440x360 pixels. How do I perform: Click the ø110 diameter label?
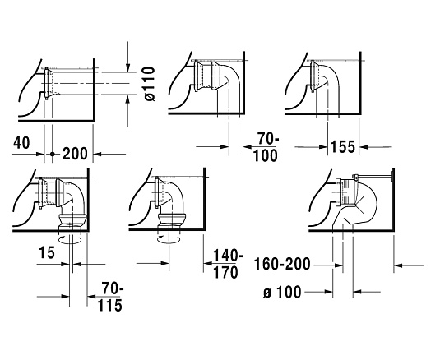pos(151,84)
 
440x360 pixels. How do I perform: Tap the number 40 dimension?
pos(21,143)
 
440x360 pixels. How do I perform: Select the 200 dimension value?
pos(75,154)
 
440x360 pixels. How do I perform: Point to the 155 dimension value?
pos(343,146)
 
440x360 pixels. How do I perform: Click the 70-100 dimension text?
pos(265,147)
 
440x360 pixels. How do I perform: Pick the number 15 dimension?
pos(46,252)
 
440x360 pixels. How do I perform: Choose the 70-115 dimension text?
pos(110,297)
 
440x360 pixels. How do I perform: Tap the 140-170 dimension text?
pos(226,264)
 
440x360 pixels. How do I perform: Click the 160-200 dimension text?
pos(282,264)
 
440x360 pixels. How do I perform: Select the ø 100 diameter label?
pos(282,292)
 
